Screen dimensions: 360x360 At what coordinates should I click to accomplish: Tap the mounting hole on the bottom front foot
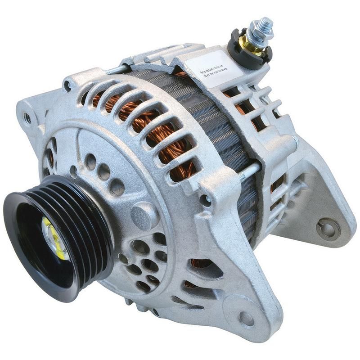[x=247, y=319]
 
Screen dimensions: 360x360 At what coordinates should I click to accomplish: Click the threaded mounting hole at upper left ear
[x=28, y=118]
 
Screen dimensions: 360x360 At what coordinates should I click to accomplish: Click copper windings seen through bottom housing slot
[x=198, y=263]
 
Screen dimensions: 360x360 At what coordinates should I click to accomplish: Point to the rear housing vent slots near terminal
[x=256, y=108]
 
